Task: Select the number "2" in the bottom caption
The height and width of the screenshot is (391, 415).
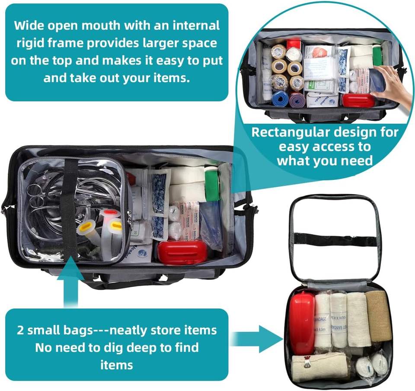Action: (20, 330)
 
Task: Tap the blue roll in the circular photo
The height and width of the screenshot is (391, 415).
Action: (280, 98)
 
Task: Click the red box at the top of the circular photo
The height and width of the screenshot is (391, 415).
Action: (294, 43)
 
